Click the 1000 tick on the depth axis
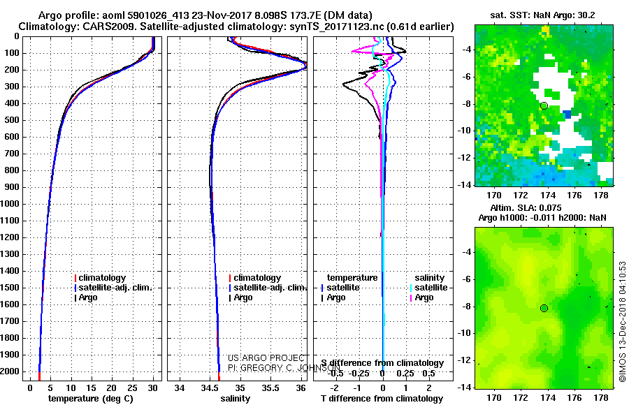click(x=10, y=204)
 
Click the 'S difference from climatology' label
click(x=382, y=363)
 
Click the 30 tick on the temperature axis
click(x=153, y=388)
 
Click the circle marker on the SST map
click(x=544, y=105)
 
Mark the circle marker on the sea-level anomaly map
click(x=544, y=308)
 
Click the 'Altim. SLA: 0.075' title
click(x=542, y=207)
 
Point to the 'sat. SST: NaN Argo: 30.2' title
click(x=542, y=15)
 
